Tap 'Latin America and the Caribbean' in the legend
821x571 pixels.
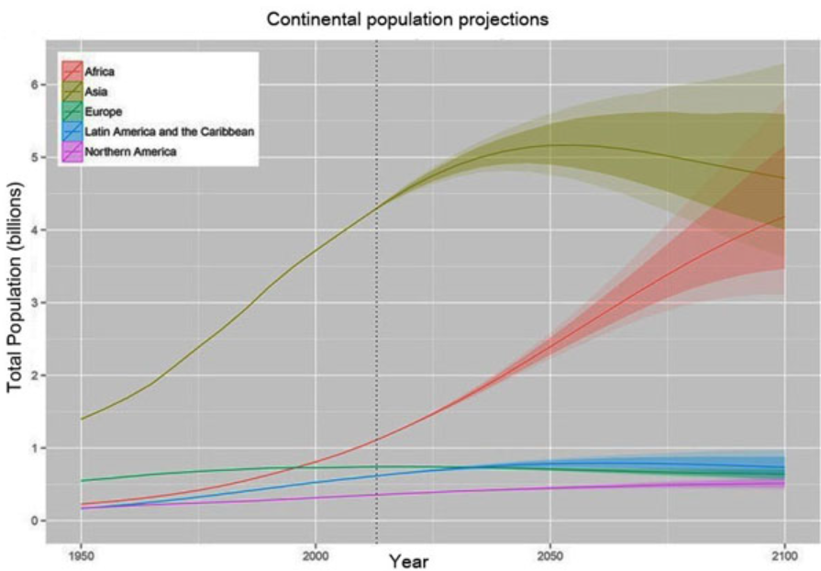(x=168, y=131)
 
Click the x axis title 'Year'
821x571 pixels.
(x=407, y=560)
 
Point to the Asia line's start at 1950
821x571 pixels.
(x=83, y=419)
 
